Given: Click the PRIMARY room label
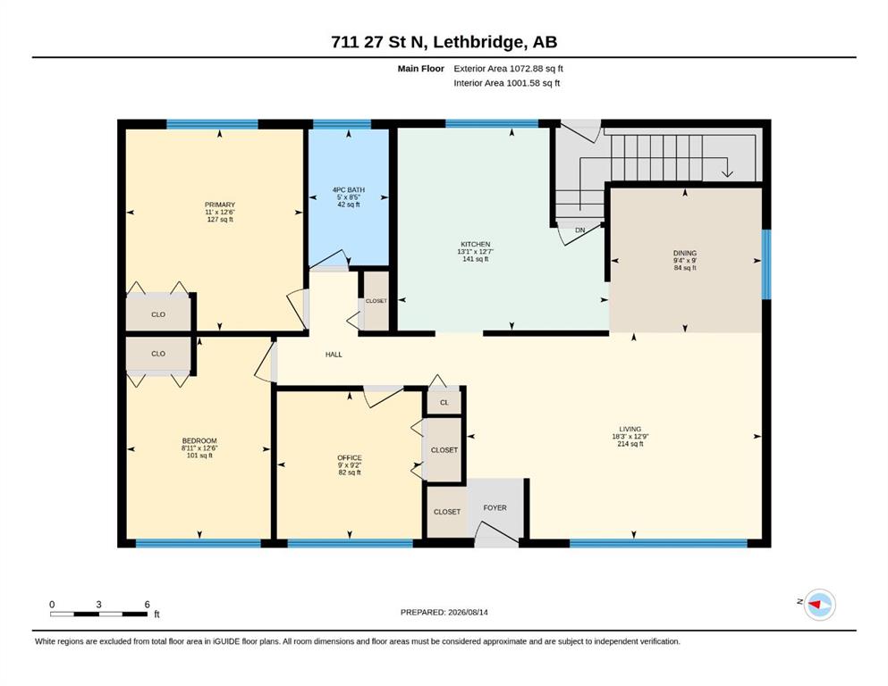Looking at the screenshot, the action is [x=220, y=205].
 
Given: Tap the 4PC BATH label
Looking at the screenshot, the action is [x=348, y=190].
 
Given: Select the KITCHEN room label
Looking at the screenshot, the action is [x=475, y=245].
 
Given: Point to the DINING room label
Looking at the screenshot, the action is [x=685, y=254].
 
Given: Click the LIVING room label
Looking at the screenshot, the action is [x=630, y=430].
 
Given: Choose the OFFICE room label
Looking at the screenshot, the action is [x=350, y=458].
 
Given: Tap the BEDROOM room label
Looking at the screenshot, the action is [x=199, y=441].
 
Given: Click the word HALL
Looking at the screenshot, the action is [x=334, y=355].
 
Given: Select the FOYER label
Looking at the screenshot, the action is [x=495, y=508].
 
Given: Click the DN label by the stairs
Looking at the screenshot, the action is [x=579, y=230].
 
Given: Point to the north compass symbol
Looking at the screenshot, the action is [x=819, y=605].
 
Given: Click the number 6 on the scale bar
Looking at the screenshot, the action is [x=148, y=604].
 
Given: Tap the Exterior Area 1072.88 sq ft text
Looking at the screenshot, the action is [x=508, y=69].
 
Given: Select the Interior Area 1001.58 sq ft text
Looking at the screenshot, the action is [x=507, y=83].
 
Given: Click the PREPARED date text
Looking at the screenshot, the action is [x=444, y=612].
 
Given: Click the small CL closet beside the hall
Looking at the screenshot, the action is [x=444, y=403].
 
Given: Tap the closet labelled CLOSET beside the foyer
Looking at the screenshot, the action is [x=447, y=512].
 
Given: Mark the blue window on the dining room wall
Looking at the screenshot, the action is [x=766, y=264].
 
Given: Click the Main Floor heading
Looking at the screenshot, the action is [x=421, y=69].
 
